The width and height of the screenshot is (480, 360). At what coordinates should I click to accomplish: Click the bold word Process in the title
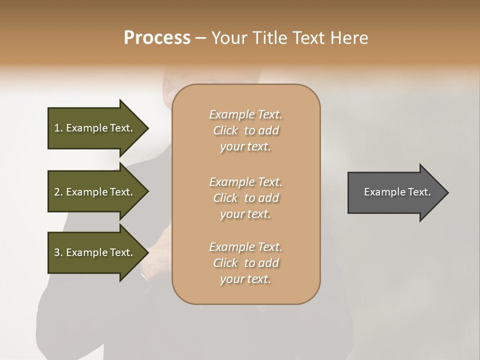pyautogui.click(x=157, y=38)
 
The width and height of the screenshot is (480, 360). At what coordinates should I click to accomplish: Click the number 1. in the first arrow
pyautogui.click(x=58, y=128)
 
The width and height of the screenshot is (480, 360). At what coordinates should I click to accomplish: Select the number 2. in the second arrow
pyautogui.click(x=58, y=192)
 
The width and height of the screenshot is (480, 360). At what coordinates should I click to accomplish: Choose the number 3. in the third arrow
pyautogui.click(x=58, y=252)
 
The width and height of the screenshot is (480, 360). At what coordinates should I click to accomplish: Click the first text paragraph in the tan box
pyautogui.click(x=245, y=130)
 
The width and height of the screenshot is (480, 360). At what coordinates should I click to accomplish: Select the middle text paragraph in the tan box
pyautogui.click(x=245, y=198)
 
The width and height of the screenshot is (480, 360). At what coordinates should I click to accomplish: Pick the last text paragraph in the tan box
pyautogui.click(x=245, y=263)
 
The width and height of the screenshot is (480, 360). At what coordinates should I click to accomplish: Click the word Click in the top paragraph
pyautogui.click(x=225, y=130)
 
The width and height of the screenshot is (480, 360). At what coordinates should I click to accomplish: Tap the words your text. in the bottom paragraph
pyautogui.click(x=245, y=279)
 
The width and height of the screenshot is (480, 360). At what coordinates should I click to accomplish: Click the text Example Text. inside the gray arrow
pyautogui.click(x=397, y=192)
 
